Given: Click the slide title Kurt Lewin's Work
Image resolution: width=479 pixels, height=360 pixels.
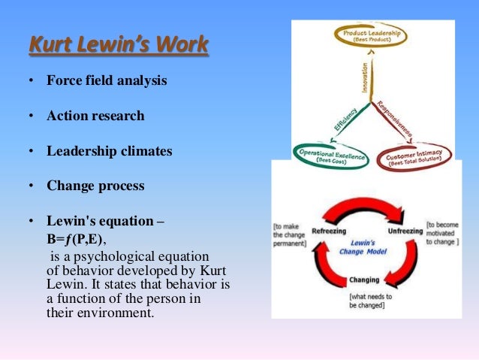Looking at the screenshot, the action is point(118,46).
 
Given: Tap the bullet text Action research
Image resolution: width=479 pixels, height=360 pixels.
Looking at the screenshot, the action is point(95,116).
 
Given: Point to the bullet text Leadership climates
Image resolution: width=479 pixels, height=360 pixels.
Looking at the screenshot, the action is point(109,151).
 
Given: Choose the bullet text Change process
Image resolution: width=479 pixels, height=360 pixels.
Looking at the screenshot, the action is point(95,185).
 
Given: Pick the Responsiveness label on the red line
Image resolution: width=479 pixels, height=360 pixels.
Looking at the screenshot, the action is point(395,118).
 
